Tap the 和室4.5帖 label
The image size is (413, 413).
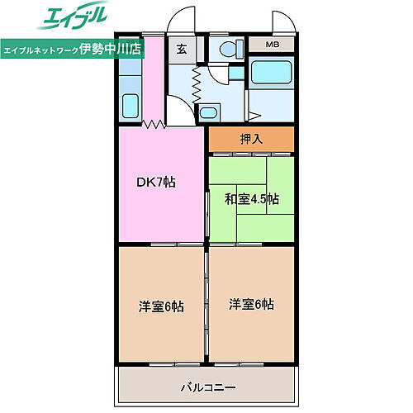click(251, 198)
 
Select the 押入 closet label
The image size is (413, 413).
click(251, 139)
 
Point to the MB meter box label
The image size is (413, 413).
click(272, 45)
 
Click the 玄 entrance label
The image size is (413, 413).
click(181, 48)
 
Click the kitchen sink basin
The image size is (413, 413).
click(131, 107)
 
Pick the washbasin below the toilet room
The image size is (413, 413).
click(210, 112)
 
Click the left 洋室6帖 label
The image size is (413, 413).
click(161, 306)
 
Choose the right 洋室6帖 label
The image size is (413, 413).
click(251, 303)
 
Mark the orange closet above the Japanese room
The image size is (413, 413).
click(251, 139)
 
